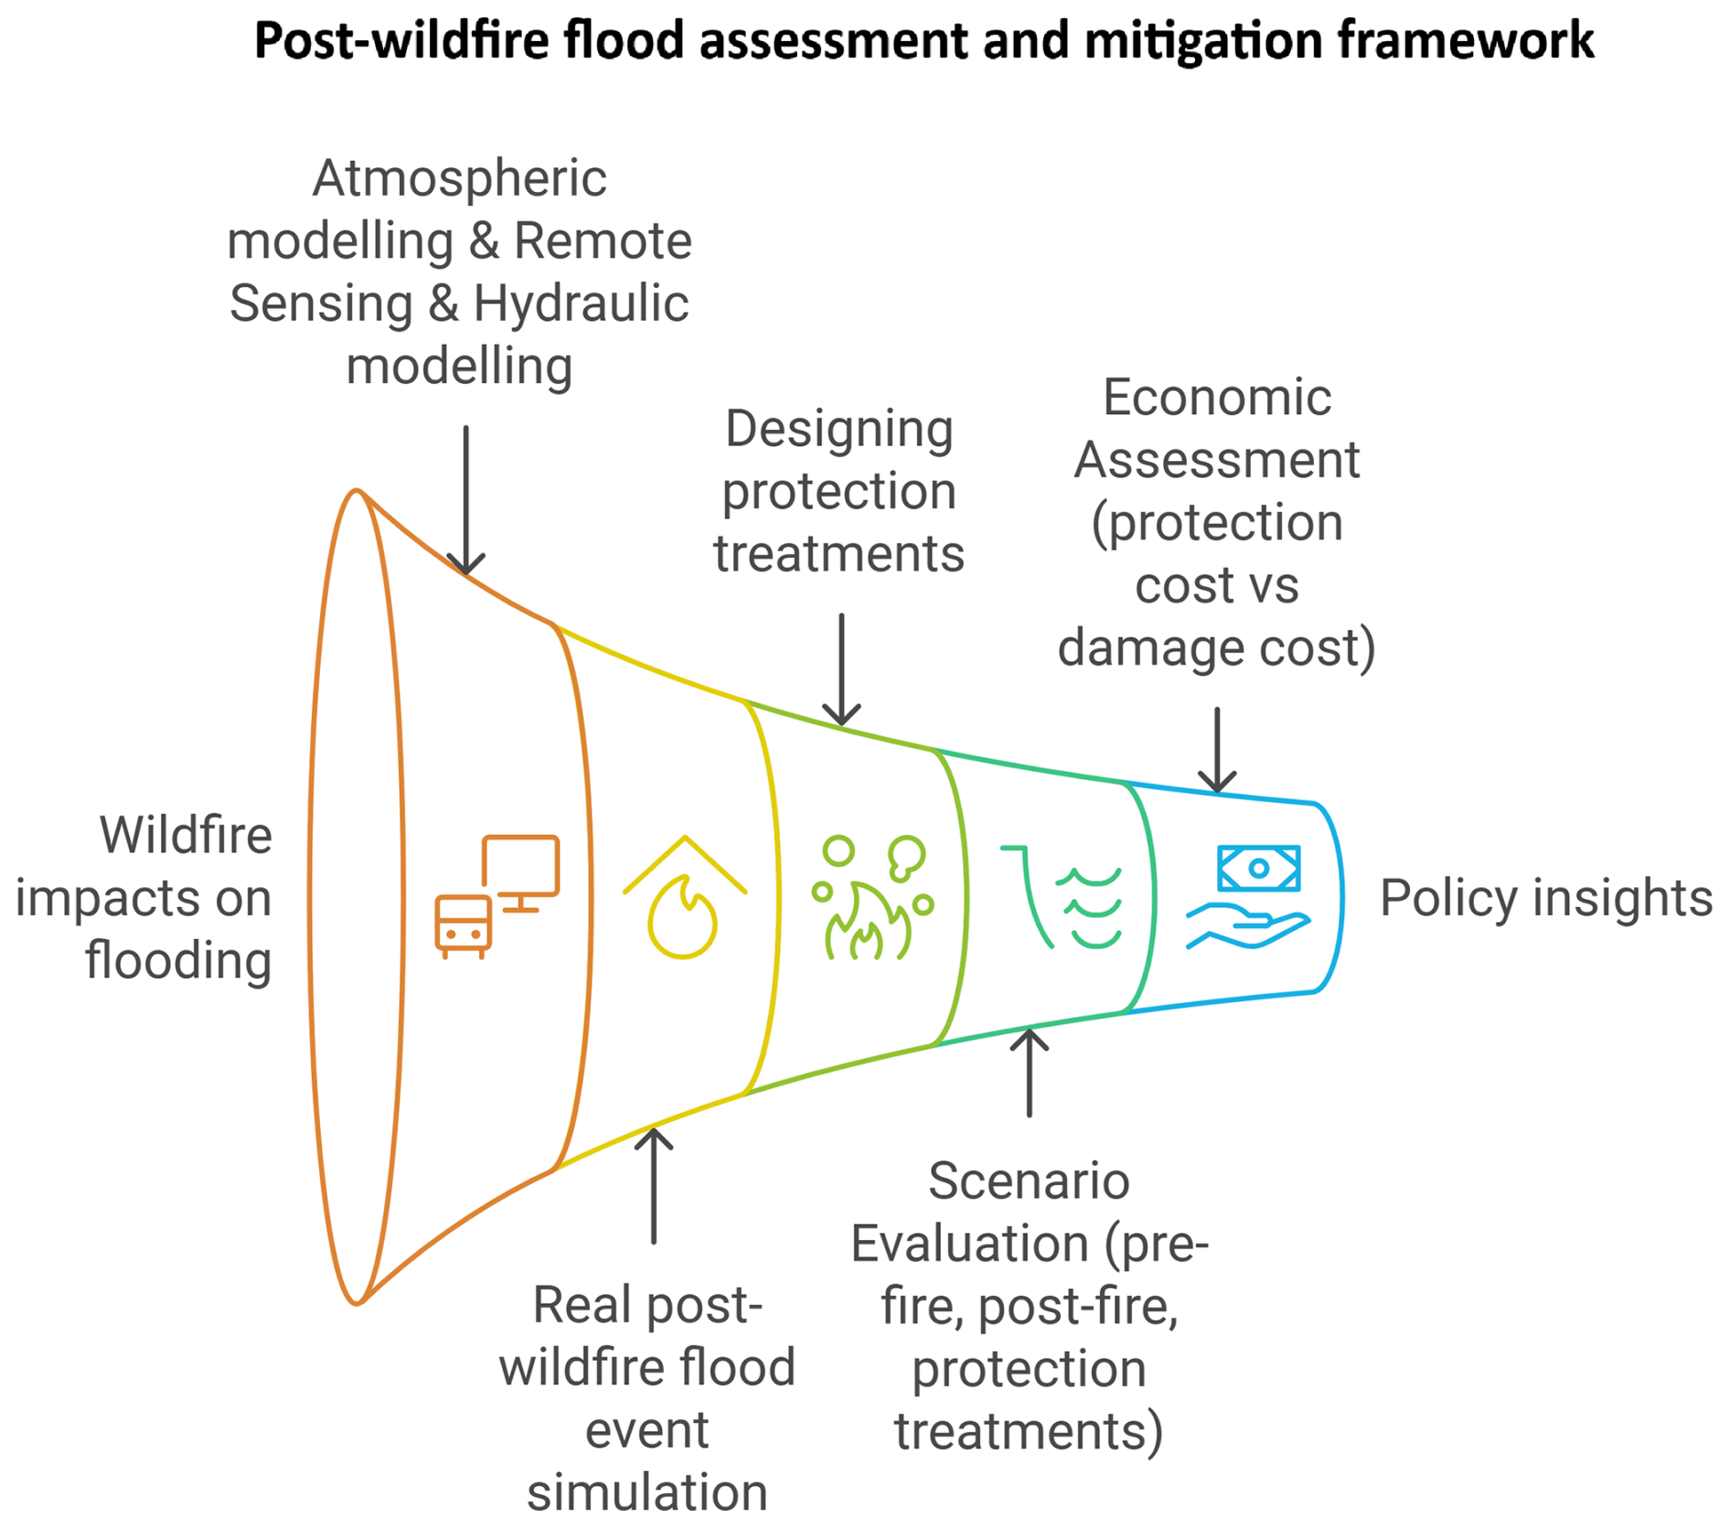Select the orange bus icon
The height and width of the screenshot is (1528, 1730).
coord(464,926)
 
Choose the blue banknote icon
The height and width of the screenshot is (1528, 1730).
coord(1258,868)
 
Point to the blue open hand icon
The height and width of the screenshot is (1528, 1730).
coord(1247,925)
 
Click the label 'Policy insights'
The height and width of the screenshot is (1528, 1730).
coord(1545,898)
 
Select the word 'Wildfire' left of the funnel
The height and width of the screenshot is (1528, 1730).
coord(186,835)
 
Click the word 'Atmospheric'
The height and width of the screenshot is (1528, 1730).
coord(459,178)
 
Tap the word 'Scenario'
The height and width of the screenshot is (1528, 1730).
coord(1029,1181)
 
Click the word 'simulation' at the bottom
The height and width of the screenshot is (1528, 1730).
coord(646,1492)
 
